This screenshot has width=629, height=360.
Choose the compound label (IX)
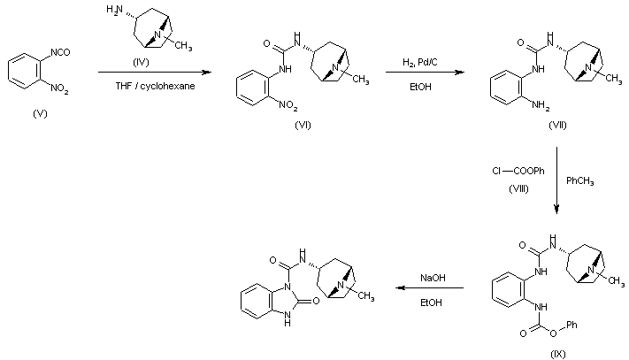click(x=557, y=354)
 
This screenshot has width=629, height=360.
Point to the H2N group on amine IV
click(x=112, y=10)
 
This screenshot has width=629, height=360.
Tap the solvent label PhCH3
click(x=580, y=181)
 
